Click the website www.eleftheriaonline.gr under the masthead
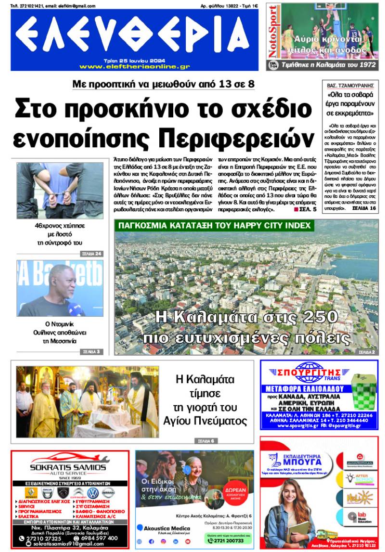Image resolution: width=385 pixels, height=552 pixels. coord(134,66)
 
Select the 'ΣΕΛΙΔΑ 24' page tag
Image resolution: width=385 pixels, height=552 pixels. coord(91,254)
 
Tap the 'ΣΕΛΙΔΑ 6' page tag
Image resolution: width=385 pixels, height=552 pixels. coord(207,440)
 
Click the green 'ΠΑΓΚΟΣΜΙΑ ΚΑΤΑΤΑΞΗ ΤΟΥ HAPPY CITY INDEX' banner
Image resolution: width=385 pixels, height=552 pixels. coord(214,225)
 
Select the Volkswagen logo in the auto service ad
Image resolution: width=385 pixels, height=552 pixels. coord(93,493)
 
